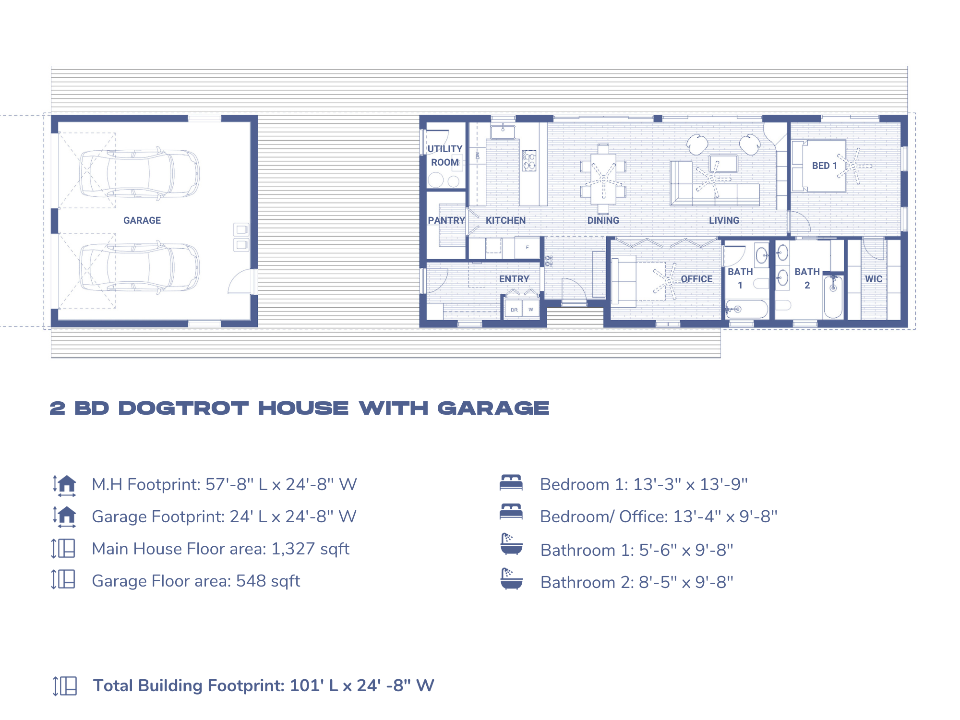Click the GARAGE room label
(142, 220)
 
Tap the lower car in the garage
(139, 267)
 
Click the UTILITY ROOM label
(445, 156)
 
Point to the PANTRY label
(446, 220)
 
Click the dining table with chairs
(603, 179)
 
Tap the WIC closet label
(874, 279)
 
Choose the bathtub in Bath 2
(833, 297)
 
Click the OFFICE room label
(696, 279)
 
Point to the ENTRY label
(514, 279)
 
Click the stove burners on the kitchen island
(529, 161)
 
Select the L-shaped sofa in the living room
(710, 192)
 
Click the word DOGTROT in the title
(183, 408)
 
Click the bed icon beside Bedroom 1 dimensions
(511, 482)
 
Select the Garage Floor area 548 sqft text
(196, 581)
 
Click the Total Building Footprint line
(263, 685)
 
